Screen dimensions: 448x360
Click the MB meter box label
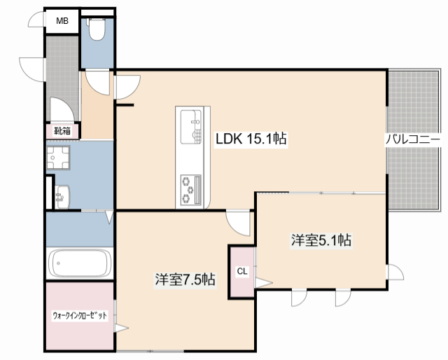62,21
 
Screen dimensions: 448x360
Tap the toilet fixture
97,29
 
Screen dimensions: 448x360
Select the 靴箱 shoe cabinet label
62,131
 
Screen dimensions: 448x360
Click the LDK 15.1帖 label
251,139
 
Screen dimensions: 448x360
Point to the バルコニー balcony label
413,140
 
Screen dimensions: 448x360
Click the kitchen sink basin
191,127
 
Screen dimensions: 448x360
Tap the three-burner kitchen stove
191,190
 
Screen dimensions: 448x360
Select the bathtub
80,263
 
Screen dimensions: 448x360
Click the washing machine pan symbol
58,158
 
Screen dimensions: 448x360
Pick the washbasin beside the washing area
62,197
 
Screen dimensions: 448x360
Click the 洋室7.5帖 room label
185,279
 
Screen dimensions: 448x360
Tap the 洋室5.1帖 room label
321,240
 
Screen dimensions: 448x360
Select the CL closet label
242,271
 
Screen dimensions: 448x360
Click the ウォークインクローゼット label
80,315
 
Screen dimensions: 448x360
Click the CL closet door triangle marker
264,283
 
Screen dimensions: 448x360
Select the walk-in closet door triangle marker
121,328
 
